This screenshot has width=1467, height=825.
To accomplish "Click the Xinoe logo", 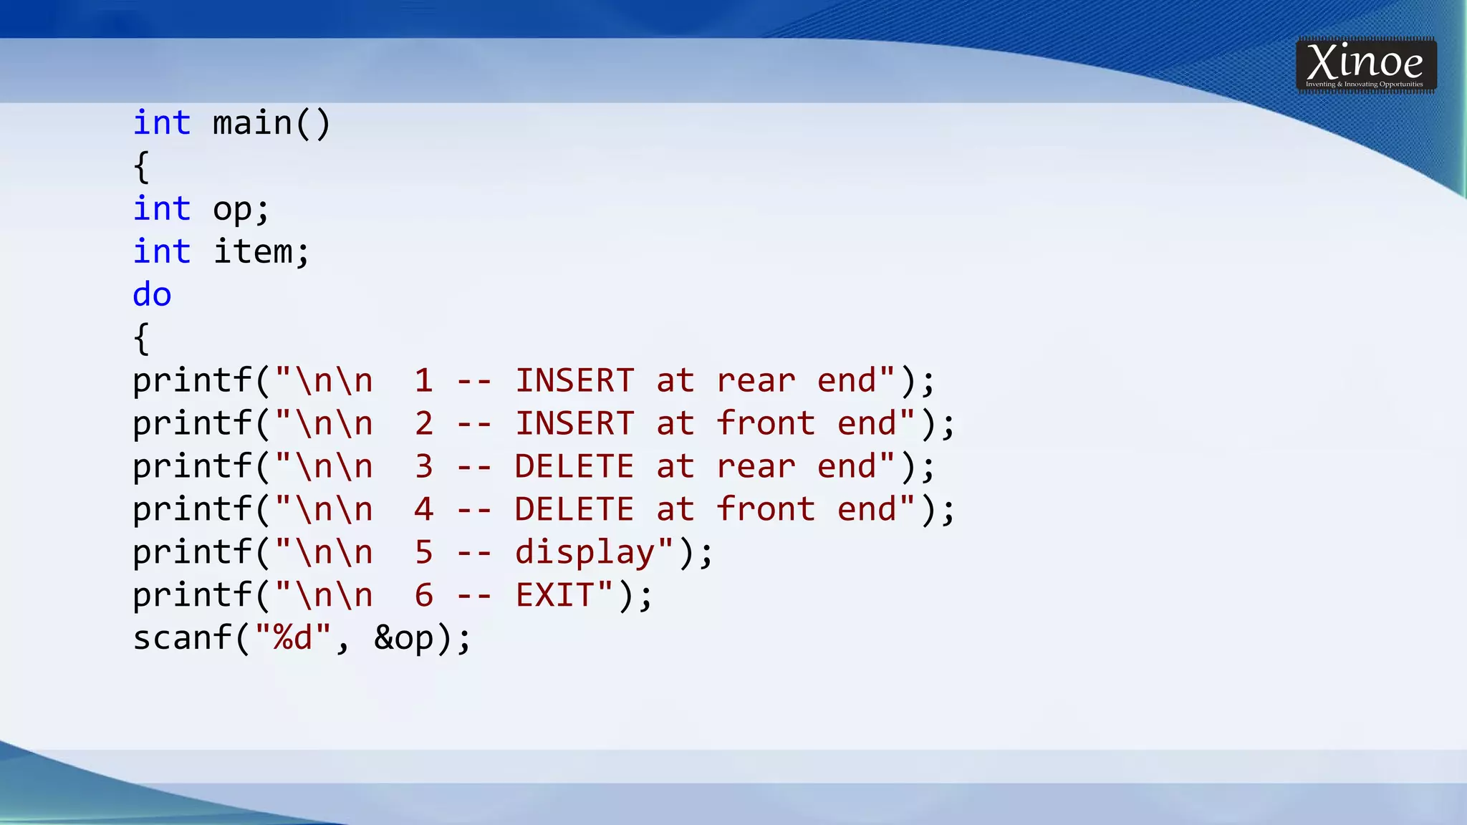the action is (1365, 65).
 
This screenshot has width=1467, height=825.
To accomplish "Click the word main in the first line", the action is (252, 123).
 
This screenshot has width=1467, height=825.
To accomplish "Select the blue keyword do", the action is (152, 295).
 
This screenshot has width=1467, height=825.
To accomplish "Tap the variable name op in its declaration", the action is (232, 210).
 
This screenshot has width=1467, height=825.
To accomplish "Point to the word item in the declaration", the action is (253, 252).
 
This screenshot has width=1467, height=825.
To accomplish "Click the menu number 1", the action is (423, 380).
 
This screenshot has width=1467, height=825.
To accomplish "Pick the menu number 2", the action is (423, 423).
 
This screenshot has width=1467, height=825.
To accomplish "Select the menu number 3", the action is (423, 466).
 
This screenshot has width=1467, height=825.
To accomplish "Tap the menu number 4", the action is (423, 509).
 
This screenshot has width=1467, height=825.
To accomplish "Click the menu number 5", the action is (423, 552).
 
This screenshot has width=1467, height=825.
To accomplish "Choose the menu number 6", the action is (423, 595).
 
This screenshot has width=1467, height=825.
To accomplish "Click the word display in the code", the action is (585, 553).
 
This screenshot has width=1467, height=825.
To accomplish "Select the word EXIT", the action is (554, 595).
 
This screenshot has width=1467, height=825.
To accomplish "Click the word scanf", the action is (182, 637).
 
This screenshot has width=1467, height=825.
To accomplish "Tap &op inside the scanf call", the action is (403, 639).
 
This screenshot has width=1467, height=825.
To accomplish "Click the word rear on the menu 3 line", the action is (756, 467).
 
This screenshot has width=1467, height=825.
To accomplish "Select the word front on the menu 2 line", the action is (766, 423).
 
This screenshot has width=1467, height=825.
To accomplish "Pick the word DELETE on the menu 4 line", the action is (574, 509).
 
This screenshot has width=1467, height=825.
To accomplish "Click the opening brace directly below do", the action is (141, 338).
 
